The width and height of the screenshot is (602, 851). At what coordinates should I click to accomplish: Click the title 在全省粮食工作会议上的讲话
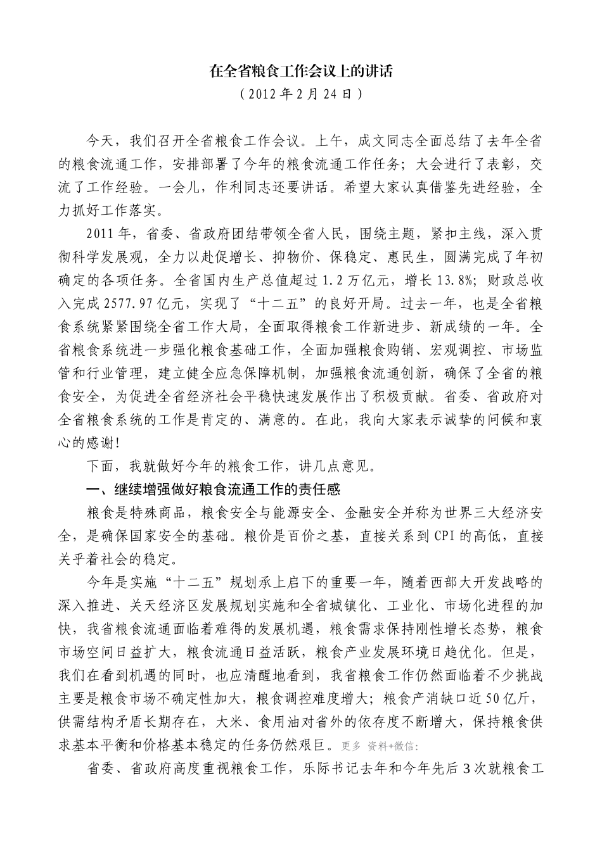pos(301,72)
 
